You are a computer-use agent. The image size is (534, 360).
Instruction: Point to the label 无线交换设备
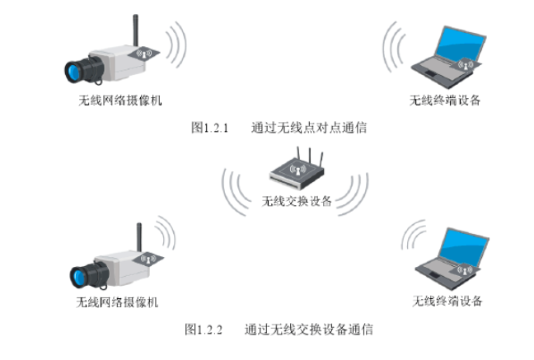(x=297, y=200)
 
